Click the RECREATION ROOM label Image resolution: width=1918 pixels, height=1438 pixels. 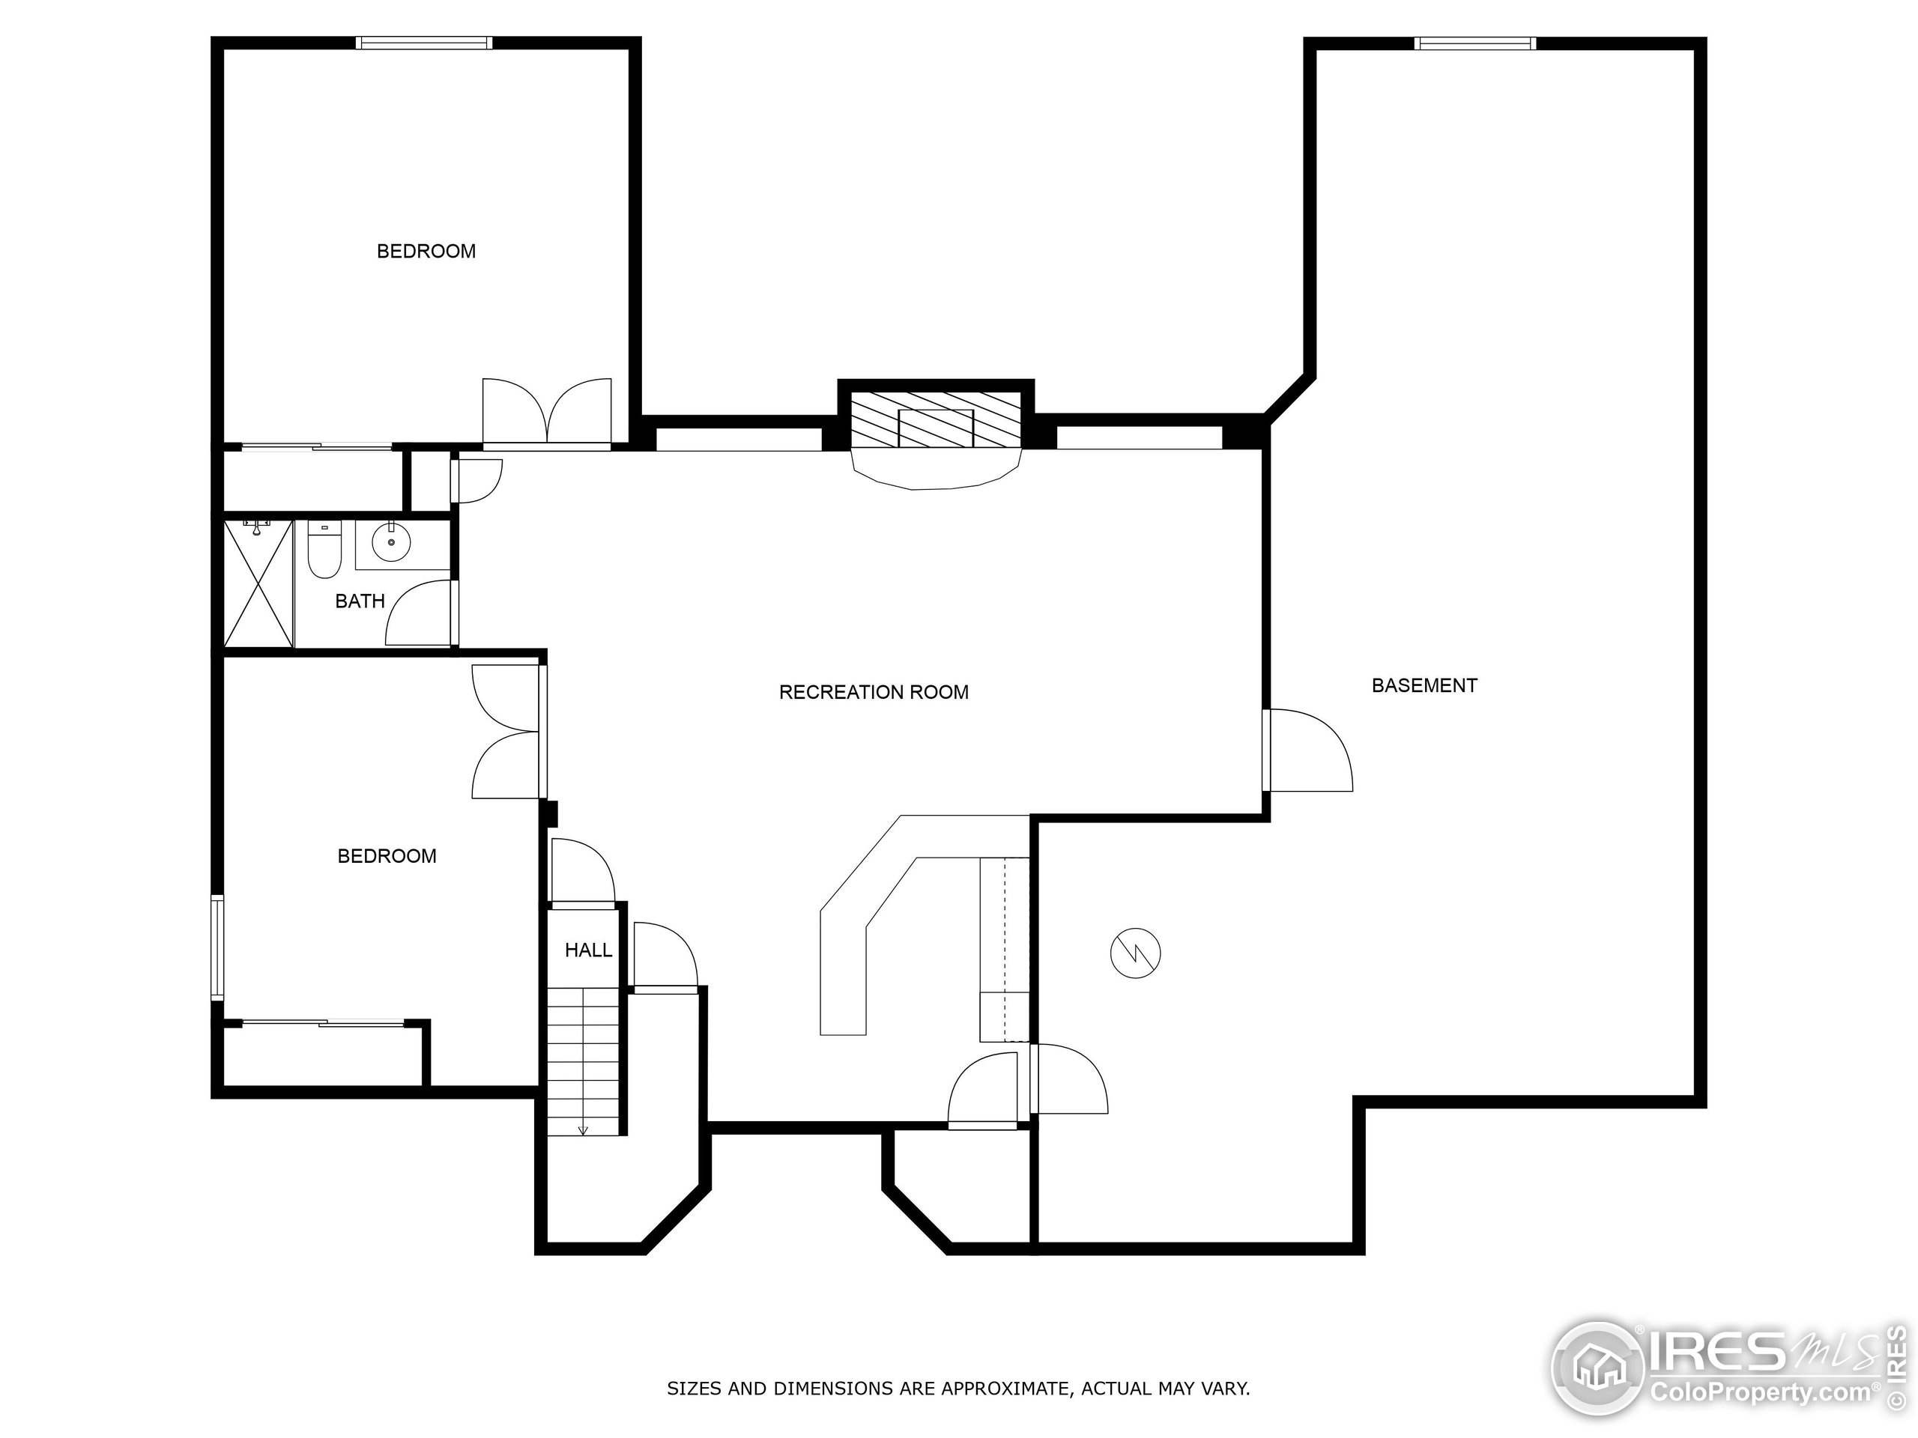(x=873, y=692)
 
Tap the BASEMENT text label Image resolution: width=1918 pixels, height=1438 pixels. (x=1424, y=685)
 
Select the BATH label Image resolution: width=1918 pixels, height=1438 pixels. (x=360, y=601)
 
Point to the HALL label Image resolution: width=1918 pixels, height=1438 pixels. (x=588, y=950)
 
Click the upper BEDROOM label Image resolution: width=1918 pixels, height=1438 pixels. (x=426, y=252)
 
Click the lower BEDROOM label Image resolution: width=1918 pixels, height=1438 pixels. (x=387, y=856)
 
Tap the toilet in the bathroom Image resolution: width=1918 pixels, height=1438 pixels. (x=324, y=551)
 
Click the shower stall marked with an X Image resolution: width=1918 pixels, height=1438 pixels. (x=258, y=583)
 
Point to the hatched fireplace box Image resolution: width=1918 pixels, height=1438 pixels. (x=936, y=419)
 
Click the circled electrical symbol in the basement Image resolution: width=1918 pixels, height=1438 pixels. (x=1135, y=953)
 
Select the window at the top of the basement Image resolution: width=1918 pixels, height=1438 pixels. (x=1474, y=43)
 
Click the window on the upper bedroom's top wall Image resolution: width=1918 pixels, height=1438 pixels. (x=424, y=43)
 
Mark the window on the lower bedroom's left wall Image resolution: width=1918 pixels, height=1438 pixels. (x=217, y=949)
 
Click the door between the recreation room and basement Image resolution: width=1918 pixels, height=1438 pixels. (x=1305, y=750)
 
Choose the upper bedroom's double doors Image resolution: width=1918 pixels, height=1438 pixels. (x=547, y=413)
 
